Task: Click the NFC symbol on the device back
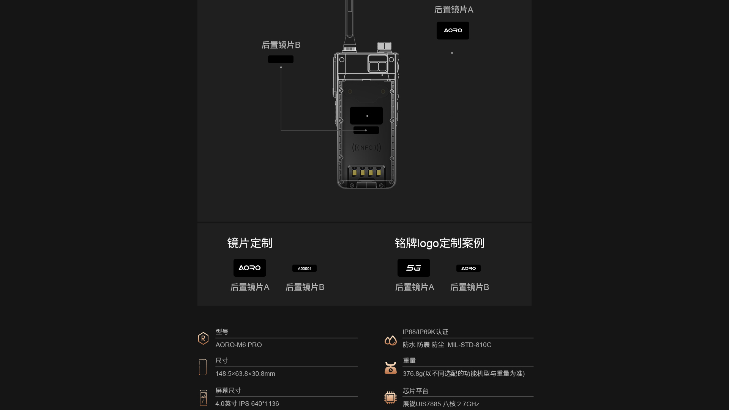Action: coord(366,147)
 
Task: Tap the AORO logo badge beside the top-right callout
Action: coord(453,30)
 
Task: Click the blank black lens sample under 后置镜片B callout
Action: coord(281,59)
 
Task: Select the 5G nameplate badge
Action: coord(413,268)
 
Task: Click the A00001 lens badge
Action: coord(305,268)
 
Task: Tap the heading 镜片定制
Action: coord(250,243)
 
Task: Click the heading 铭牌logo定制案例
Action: coord(439,243)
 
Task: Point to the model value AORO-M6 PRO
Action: coord(238,345)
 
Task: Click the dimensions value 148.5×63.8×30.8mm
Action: coord(245,374)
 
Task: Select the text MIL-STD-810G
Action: coord(469,345)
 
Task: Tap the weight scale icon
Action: coord(390,367)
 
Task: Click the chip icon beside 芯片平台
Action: coord(390,397)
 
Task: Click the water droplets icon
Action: coord(390,340)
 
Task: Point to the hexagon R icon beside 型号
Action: coord(203,338)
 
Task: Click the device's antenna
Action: coord(350,23)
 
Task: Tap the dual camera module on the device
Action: coord(378,63)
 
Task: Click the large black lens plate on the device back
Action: coord(366,115)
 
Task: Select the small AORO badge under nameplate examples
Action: coord(468,268)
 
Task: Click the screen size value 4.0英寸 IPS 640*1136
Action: coord(247,404)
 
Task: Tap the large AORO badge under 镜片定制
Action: coord(249,268)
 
